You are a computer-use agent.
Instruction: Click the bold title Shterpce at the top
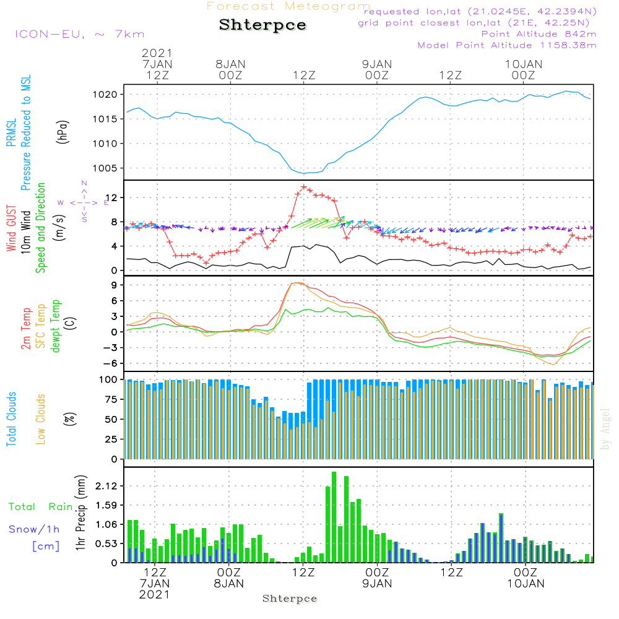pos(262,25)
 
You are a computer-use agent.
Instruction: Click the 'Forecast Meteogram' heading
pos(288,6)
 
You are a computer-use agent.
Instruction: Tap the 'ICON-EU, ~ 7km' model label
pos(79,34)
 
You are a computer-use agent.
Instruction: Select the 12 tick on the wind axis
pos(113,197)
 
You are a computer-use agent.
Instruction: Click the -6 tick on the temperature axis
pos(112,363)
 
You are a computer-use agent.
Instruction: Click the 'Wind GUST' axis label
pos(11,229)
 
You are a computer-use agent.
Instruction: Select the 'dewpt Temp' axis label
pos(56,326)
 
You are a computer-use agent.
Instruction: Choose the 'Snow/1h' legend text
pos(34,529)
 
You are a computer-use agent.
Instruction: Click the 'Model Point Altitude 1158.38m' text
pos(507,45)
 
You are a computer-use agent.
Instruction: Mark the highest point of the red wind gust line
pos(303,186)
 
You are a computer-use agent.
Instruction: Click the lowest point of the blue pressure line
pos(304,173)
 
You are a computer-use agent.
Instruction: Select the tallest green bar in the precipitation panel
pos(334,517)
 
